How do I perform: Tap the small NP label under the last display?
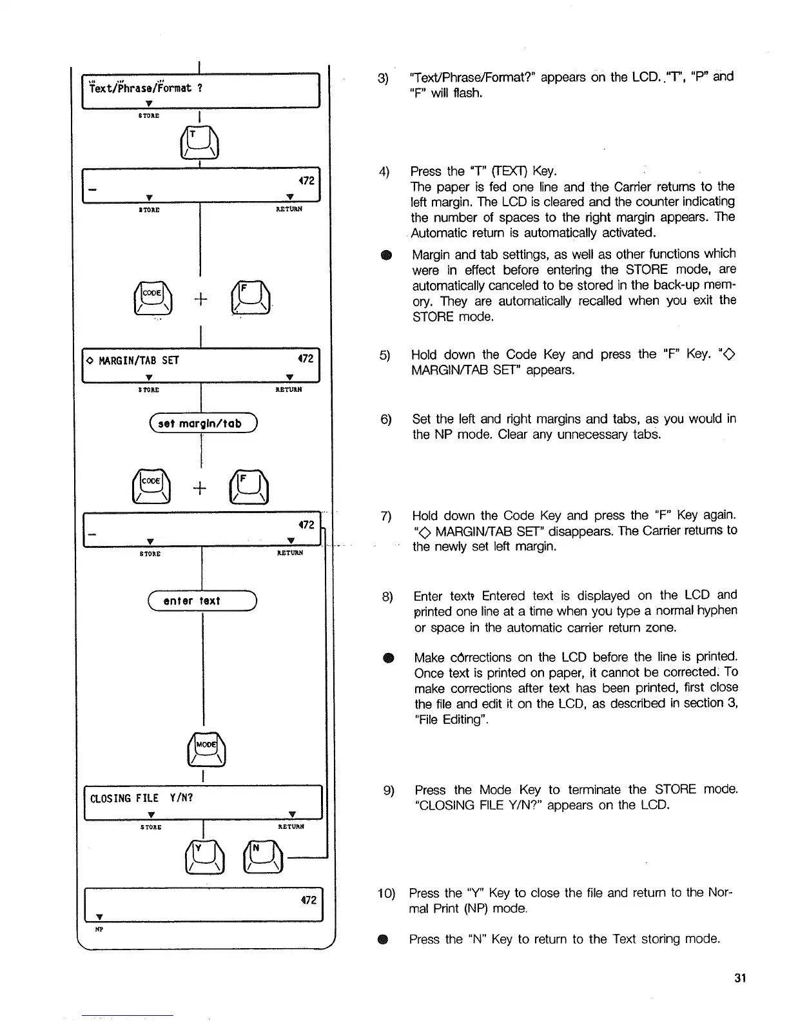click(99, 929)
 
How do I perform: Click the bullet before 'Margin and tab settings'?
click(385, 255)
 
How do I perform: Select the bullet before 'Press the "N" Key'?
click(384, 940)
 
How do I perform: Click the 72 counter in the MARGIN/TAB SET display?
click(306, 358)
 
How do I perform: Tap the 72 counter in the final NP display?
click(308, 899)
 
